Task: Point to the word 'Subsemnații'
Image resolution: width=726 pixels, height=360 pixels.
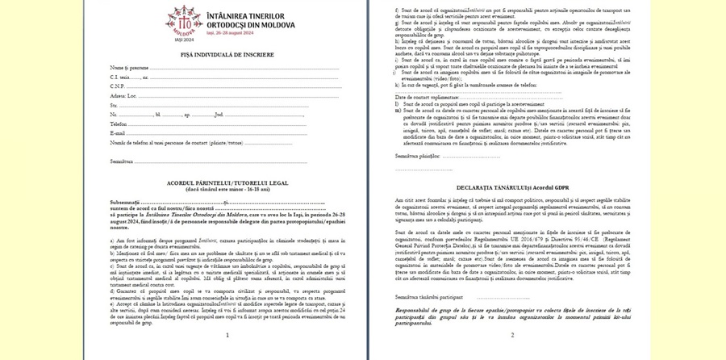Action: click(x=126, y=202)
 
